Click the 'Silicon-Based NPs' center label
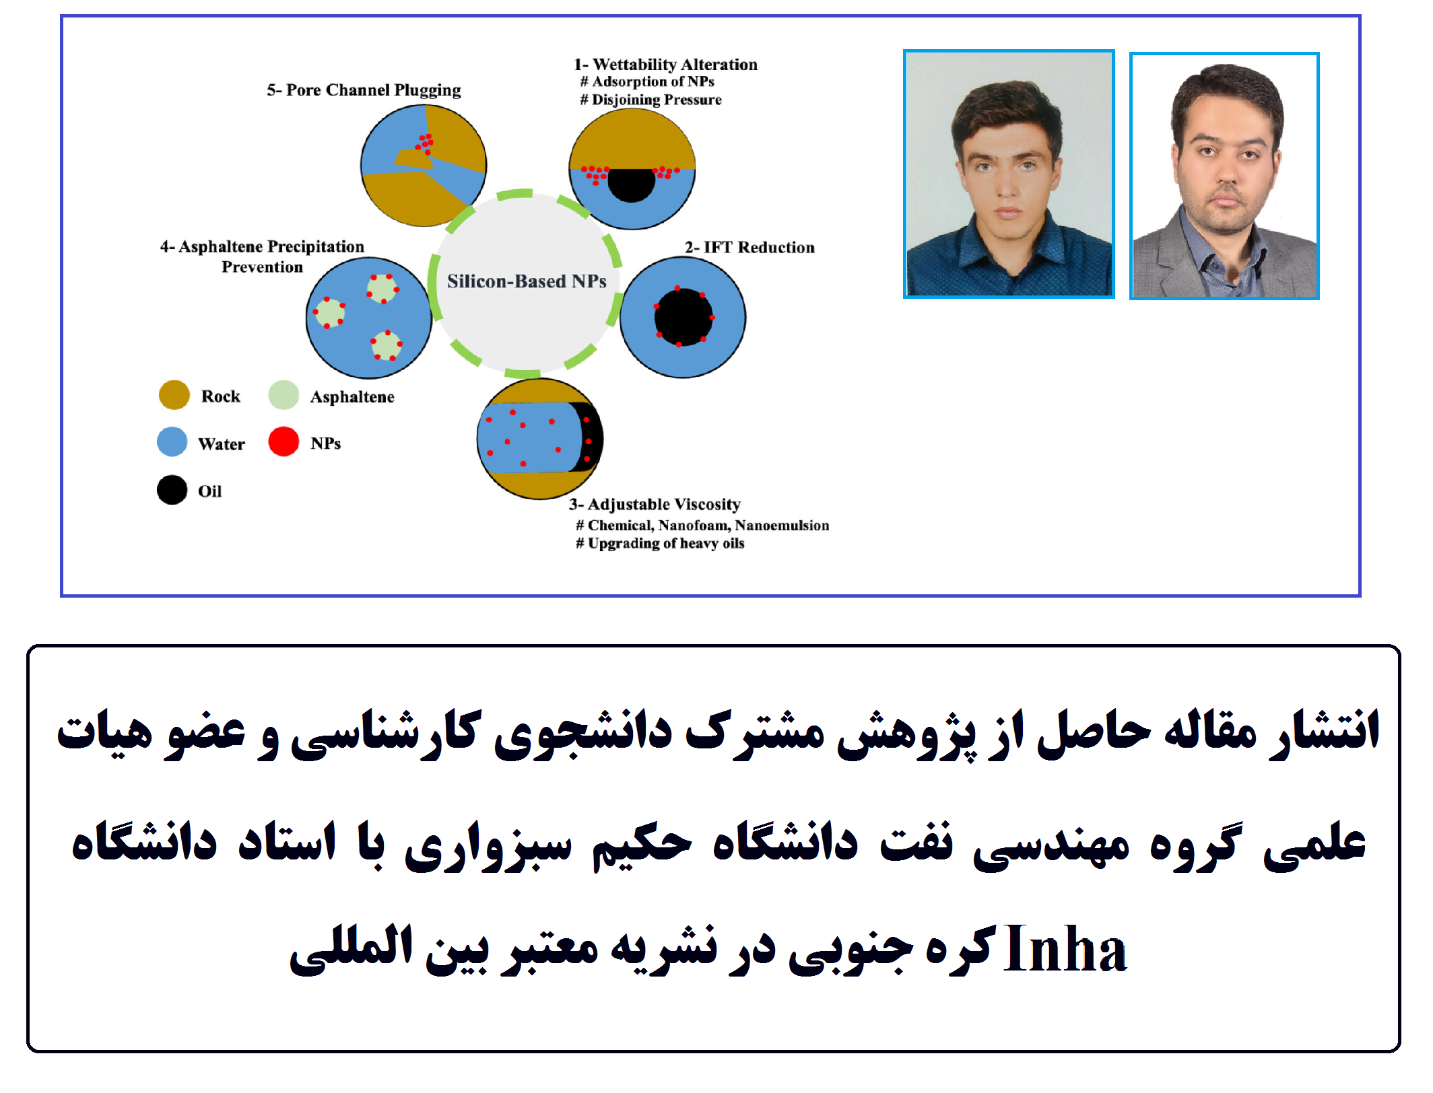click(527, 281)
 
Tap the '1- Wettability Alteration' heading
click(665, 65)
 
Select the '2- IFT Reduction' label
click(749, 248)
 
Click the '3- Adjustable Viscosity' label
click(655, 505)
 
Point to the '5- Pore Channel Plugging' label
click(364, 90)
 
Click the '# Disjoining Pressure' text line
click(651, 100)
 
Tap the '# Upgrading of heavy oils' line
click(660, 544)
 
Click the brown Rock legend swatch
click(174, 395)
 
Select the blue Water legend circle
click(172, 442)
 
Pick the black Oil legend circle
click(172, 490)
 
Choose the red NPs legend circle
click(284, 442)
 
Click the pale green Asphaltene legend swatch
click(284, 395)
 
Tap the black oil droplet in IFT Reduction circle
click(683, 316)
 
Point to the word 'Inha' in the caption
click(1065, 950)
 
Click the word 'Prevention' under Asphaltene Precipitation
click(263, 267)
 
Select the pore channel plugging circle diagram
click(424, 166)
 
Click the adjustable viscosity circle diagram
click(540, 439)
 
